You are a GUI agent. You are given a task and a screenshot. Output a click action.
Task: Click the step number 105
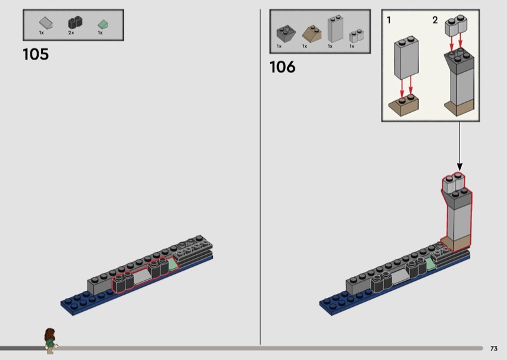click(36, 55)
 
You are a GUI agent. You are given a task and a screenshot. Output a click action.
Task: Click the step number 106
click(282, 67)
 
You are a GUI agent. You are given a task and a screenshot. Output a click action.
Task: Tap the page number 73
click(494, 349)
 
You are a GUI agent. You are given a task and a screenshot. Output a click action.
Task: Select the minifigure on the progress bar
click(51, 340)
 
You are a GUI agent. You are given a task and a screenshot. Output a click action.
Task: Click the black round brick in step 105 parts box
click(75, 22)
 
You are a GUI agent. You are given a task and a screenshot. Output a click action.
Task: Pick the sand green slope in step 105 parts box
click(103, 24)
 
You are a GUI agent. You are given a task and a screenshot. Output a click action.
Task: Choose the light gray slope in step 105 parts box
click(46, 23)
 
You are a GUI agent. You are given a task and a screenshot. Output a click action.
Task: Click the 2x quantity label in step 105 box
click(71, 33)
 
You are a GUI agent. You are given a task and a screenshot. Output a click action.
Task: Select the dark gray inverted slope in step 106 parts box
click(286, 34)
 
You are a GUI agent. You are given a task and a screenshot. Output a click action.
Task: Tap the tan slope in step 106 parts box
click(312, 34)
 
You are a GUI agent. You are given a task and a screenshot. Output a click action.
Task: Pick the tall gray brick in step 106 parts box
click(335, 29)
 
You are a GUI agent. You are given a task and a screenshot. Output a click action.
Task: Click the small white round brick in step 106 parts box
click(356, 36)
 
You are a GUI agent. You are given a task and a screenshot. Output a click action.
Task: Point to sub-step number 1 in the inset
click(388, 20)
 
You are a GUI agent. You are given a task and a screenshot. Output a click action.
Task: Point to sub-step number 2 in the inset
click(435, 20)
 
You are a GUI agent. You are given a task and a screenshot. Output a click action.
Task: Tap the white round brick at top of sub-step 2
click(456, 25)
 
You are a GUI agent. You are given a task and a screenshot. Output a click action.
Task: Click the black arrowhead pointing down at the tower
click(459, 167)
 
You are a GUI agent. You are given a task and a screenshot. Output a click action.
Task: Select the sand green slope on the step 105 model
click(173, 264)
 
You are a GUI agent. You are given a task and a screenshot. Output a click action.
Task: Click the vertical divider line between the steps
click(260, 177)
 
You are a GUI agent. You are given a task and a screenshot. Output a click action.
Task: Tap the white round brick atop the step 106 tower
click(453, 183)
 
